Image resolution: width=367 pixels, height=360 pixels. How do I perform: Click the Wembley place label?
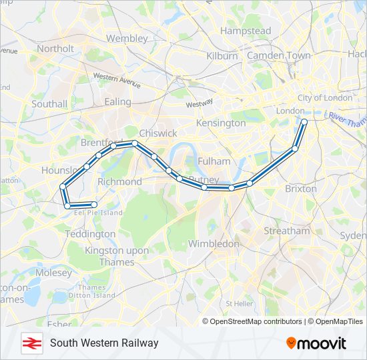click(x=127, y=39)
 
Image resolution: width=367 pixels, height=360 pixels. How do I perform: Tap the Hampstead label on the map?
click(x=246, y=31)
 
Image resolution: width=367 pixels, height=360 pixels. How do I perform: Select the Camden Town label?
click(x=279, y=56)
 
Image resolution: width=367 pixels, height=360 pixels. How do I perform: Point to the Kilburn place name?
click(x=222, y=56)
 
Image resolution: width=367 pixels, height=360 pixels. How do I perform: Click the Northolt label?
click(x=55, y=49)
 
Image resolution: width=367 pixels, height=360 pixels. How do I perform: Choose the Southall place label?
click(x=49, y=104)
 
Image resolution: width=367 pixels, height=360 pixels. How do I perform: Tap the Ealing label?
click(x=118, y=102)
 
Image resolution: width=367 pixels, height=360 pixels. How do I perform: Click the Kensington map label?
click(x=221, y=123)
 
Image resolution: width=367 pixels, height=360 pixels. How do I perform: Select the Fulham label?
click(x=214, y=161)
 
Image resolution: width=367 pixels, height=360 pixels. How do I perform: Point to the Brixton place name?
click(x=301, y=189)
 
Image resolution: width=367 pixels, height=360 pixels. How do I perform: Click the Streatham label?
click(x=287, y=231)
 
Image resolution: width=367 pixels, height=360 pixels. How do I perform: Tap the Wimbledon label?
click(x=214, y=244)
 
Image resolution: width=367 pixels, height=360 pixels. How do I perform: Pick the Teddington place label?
click(x=90, y=234)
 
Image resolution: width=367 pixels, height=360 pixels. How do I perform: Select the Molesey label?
click(x=54, y=273)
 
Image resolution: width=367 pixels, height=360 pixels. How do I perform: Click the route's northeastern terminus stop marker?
click(x=304, y=122)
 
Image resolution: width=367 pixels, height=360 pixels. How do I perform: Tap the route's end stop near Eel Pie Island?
click(x=94, y=205)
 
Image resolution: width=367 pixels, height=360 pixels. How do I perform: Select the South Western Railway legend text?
click(x=104, y=343)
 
